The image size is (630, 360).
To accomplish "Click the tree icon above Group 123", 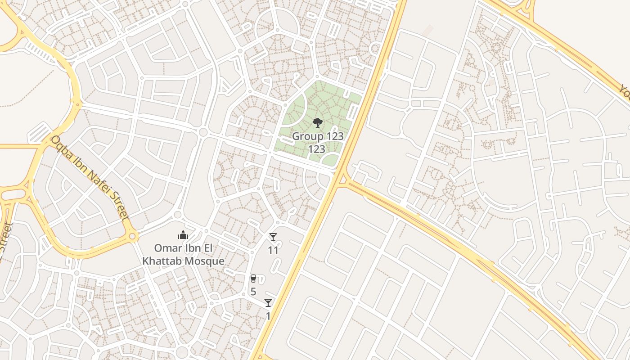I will click(318, 122).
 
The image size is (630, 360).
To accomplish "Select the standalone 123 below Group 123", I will click(317, 149).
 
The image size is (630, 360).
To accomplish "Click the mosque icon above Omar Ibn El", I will click(183, 235).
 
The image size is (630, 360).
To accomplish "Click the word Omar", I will click(166, 248).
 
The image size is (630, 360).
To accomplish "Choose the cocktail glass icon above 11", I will click(273, 237).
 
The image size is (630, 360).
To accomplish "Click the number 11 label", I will click(273, 250).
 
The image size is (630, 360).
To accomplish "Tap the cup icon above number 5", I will click(253, 279).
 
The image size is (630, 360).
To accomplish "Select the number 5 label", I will click(253, 292).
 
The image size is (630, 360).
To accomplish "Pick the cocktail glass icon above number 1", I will click(268, 303).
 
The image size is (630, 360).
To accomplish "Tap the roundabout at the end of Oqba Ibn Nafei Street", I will click(132, 235).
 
